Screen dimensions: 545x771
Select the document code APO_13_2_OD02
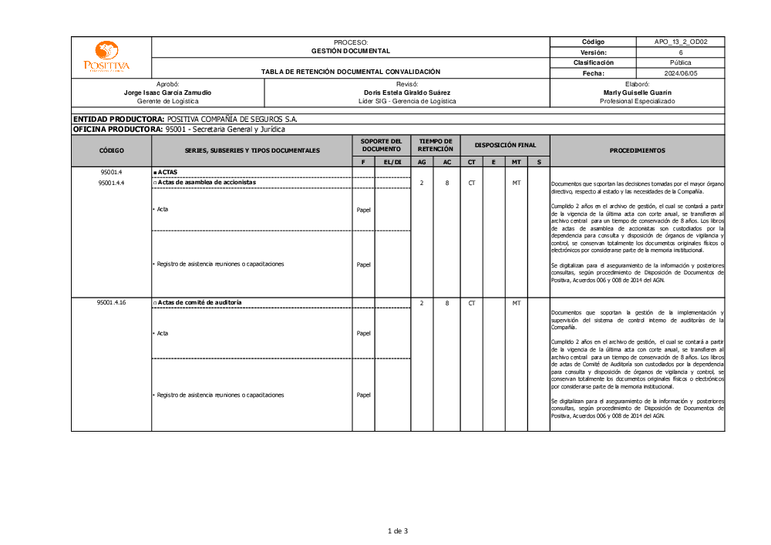681,42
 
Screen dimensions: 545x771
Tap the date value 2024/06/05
681,73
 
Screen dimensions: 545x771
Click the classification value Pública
681,62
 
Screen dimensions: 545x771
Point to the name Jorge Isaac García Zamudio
167,93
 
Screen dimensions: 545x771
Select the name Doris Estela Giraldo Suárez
407,93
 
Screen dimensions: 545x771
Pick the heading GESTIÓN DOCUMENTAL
351,51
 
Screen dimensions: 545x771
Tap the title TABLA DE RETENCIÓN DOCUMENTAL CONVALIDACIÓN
351,72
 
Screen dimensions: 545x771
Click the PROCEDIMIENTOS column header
637,150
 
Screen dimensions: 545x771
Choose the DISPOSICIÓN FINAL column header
505,145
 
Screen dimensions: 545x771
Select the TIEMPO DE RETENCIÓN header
436,145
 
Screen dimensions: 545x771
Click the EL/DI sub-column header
392,162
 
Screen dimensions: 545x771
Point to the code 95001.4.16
111,303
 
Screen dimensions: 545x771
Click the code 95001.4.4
111,183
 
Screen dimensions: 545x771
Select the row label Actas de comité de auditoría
199,303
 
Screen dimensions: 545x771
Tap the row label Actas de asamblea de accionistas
206,183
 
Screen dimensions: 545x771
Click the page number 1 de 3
396,530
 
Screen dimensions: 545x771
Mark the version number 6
681,52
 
